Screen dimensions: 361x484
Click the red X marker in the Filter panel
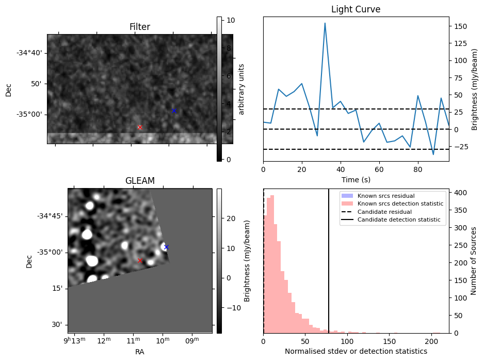[x=140, y=127]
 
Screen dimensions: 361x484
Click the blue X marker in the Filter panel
[x=174, y=111]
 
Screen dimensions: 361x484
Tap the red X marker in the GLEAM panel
[x=140, y=261]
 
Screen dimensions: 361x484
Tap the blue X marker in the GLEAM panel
[x=166, y=247]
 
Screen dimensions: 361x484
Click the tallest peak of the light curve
[x=325, y=23]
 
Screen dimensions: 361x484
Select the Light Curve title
[x=356, y=9]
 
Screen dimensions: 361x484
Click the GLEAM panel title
[x=140, y=181]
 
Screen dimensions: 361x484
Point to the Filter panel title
[x=140, y=27]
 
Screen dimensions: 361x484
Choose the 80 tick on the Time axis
[x=418, y=170]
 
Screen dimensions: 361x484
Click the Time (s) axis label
[x=356, y=180]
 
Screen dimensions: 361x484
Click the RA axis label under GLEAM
[x=140, y=352]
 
